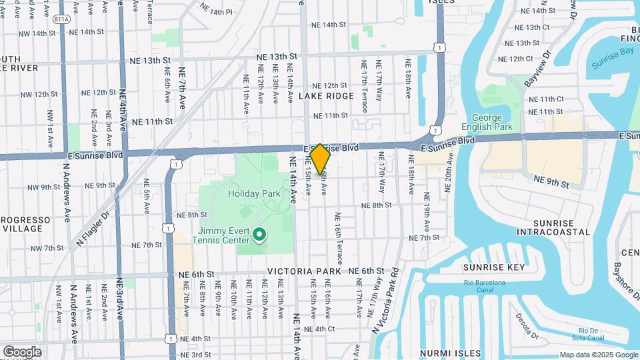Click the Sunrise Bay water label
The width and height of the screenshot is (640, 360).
[614, 64]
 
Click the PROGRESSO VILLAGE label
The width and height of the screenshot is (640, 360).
[25, 224]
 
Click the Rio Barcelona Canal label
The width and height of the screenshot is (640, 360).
[485, 283]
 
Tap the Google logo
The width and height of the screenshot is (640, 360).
[22, 351]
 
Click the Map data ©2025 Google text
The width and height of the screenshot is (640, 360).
[598, 355]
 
